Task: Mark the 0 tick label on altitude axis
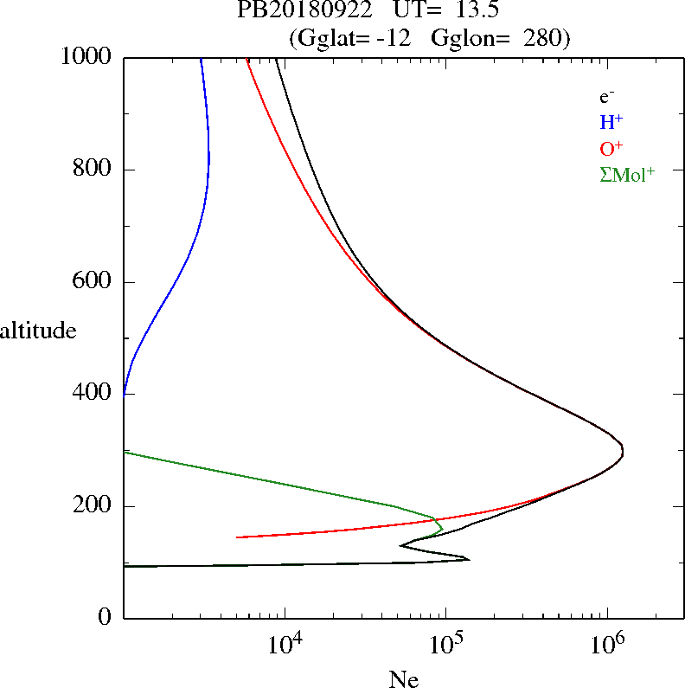point(106,618)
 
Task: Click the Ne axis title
point(404,679)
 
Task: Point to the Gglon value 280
point(543,38)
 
